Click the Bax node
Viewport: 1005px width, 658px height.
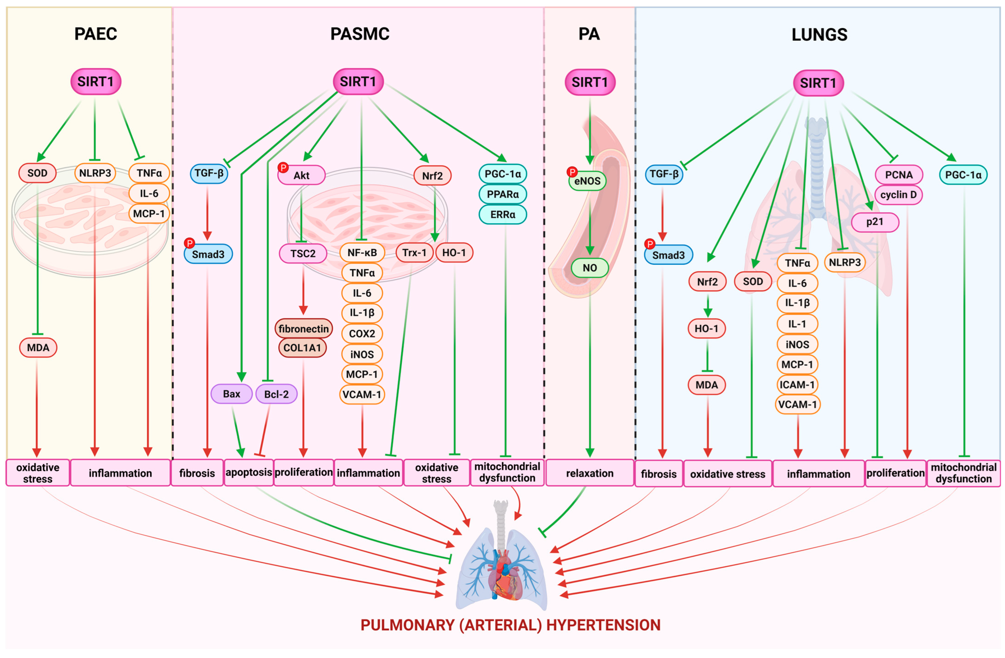pyautogui.click(x=231, y=394)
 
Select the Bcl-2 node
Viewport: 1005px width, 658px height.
pyautogui.click(x=276, y=394)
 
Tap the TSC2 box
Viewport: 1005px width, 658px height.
pyautogui.click(x=303, y=253)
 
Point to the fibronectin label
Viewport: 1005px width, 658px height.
pyautogui.click(x=304, y=329)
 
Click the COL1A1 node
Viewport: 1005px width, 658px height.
pyautogui.click(x=302, y=348)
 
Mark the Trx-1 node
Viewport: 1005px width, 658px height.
pyautogui.click(x=414, y=253)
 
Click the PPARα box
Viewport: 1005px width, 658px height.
pyautogui.click(x=502, y=194)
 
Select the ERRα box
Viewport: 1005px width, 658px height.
pyautogui.click(x=502, y=214)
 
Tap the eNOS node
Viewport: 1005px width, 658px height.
pyautogui.click(x=587, y=181)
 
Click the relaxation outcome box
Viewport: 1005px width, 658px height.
pyautogui.click(x=590, y=473)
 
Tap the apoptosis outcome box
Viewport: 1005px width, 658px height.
pyautogui.click(x=249, y=472)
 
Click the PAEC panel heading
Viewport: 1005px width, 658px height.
pyautogui.click(x=96, y=34)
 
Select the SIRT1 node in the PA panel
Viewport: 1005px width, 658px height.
pyautogui.click(x=590, y=82)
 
